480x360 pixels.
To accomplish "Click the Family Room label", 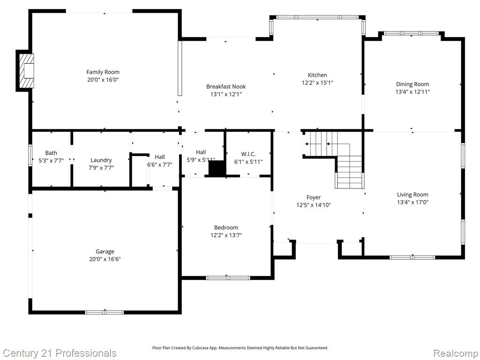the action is (x=103, y=72).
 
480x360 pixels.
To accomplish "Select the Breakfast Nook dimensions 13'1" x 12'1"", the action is (x=226, y=94).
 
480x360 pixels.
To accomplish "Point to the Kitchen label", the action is (x=317, y=75).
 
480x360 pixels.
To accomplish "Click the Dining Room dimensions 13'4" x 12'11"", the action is (x=412, y=91).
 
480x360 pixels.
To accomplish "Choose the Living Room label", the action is (x=412, y=195).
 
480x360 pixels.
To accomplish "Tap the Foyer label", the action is (x=314, y=197).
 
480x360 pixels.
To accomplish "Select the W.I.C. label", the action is (x=248, y=154).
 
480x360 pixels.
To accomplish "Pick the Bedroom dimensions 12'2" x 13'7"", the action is (x=226, y=235).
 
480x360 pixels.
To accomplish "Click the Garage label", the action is (x=105, y=251).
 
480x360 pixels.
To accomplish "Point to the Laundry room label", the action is (x=101, y=160).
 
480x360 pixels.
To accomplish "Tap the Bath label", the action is (x=51, y=153).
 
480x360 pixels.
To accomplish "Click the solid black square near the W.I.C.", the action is (x=217, y=169).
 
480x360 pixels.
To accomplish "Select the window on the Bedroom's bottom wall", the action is (x=228, y=278).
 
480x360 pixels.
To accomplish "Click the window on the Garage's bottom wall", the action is (x=105, y=312).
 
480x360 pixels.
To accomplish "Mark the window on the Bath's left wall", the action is (x=30, y=155).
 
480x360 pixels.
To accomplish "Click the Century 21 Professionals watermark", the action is (x=60, y=353).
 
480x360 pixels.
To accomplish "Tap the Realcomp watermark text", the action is (x=456, y=353).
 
